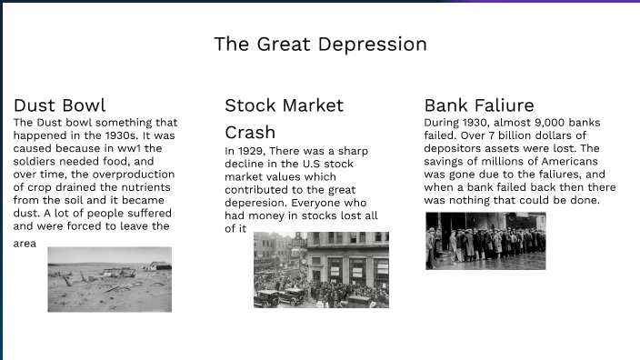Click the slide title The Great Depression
(x=320, y=44)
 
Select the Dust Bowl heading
(x=60, y=105)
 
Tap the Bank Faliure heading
(x=479, y=105)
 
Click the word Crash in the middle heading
(x=250, y=132)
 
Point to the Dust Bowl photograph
(x=109, y=279)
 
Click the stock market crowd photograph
(x=321, y=269)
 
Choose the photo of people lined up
(x=485, y=240)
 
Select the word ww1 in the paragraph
(x=131, y=148)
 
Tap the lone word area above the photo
(x=25, y=244)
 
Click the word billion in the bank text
(x=534, y=135)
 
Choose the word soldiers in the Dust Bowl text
(x=35, y=161)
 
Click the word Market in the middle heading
(x=310, y=105)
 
